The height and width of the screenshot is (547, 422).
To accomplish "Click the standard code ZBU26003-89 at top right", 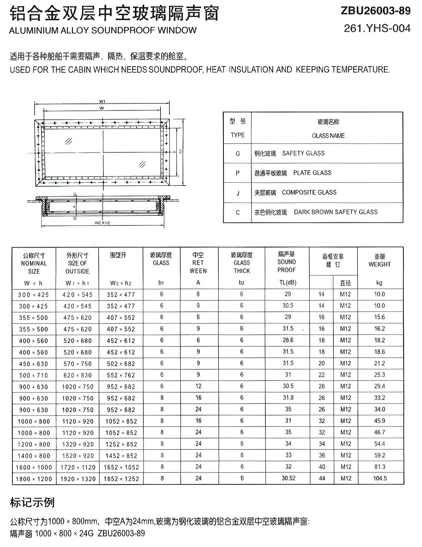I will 375,11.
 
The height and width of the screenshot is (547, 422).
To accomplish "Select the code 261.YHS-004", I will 377,28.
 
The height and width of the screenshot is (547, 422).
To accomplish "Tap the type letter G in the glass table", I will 237,154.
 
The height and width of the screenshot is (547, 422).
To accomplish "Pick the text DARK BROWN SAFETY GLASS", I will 335,212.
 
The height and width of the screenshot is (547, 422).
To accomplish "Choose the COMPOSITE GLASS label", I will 309,192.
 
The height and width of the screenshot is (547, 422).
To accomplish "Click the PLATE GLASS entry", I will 312,173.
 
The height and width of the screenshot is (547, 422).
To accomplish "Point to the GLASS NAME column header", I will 328,136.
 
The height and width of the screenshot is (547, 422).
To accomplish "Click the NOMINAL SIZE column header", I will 33,267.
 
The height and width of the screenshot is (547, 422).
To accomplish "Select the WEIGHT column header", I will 379,264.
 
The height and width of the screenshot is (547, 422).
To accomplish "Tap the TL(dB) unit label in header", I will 288,283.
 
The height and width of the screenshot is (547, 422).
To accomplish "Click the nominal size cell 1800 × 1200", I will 34,479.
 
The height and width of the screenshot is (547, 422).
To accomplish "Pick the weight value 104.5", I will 380,479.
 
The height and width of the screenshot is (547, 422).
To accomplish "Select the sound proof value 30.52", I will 288,479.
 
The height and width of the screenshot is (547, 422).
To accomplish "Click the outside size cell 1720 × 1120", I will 78,467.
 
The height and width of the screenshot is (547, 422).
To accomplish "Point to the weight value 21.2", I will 379,364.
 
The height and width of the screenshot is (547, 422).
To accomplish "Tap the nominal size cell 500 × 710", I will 33,375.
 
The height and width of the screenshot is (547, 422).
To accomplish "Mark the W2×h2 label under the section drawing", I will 102,223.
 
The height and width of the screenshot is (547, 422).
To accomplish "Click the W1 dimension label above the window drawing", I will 102,101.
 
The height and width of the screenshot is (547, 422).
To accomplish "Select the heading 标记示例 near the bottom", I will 32,502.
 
